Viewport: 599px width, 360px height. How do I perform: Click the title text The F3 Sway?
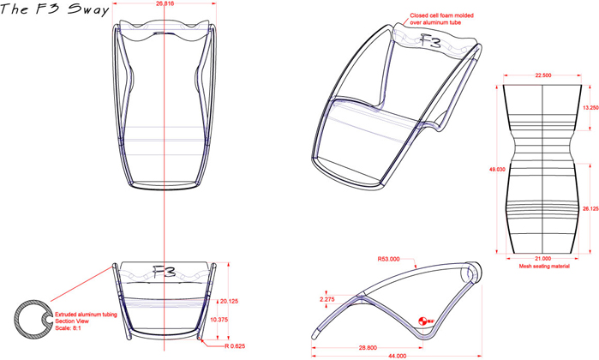click(x=55, y=9)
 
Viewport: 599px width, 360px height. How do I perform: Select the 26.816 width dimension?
click(x=165, y=3)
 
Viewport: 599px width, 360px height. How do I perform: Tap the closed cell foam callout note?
click(x=441, y=19)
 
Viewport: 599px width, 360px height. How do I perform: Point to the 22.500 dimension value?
click(x=542, y=75)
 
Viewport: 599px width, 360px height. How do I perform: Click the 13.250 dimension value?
click(x=590, y=108)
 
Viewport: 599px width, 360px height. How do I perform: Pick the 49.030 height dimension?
click(x=497, y=170)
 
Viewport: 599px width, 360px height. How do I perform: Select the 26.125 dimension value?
click(x=590, y=208)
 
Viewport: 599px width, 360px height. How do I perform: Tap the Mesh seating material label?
click(x=544, y=266)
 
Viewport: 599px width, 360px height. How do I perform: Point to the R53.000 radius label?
click(x=388, y=259)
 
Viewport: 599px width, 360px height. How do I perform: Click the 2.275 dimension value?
click(x=327, y=299)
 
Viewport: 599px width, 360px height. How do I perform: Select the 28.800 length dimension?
click(x=368, y=348)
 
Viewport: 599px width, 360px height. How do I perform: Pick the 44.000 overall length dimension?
click(x=398, y=356)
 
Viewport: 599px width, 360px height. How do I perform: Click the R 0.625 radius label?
click(x=235, y=346)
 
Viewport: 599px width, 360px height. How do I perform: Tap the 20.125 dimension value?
click(x=229, y=301)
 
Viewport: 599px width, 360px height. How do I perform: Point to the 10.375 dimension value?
click(x=219, y=320)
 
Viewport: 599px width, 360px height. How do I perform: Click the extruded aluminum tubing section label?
click(x=86, y=321)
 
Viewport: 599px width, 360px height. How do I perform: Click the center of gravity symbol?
click(x=422, y=321)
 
